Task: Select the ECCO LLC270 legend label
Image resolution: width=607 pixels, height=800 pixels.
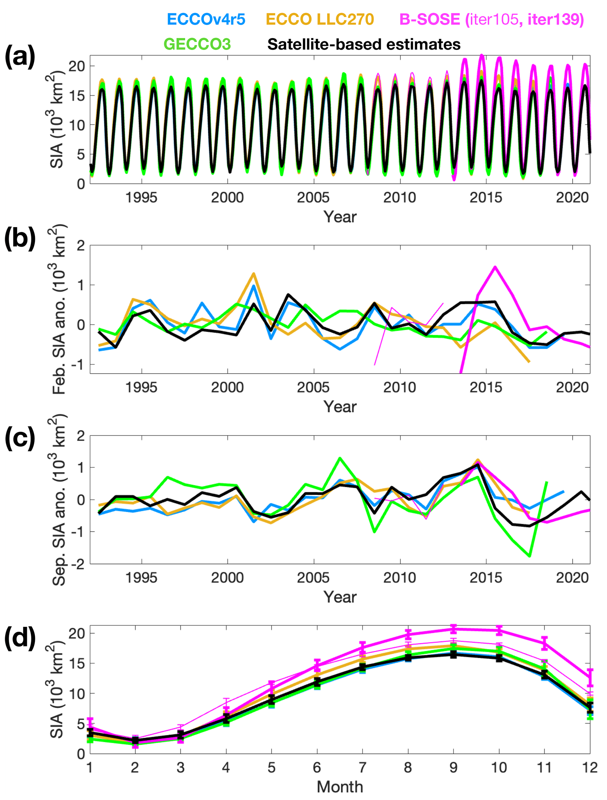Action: click(320, 19)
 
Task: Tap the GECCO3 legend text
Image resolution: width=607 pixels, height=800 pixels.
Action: click(197, 44)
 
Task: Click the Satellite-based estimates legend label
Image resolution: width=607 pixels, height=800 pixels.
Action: click(364, 44)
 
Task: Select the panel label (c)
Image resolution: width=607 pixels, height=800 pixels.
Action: click(20, 438)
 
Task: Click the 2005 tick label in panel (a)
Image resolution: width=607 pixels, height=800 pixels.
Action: click(313, 197)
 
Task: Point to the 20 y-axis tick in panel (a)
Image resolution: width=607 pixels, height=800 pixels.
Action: click(77, 66)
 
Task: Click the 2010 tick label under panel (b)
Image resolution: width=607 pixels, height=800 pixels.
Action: click(399, 387)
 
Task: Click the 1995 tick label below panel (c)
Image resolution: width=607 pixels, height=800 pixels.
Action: click(141, 578)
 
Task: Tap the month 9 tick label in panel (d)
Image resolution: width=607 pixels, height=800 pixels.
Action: click(453, 767)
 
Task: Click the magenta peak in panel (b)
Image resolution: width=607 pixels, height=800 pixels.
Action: click(495, 267)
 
